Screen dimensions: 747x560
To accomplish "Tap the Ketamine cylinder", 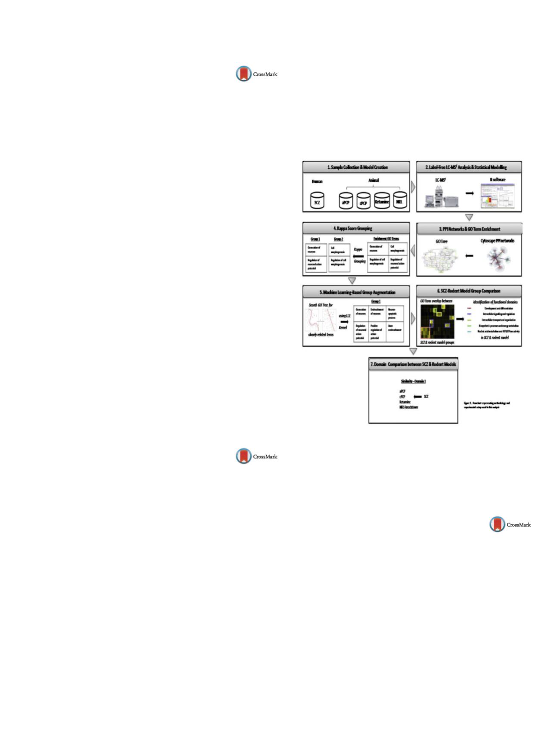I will (x=382, y=201).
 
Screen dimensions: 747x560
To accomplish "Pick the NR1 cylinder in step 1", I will (x=400, y=201).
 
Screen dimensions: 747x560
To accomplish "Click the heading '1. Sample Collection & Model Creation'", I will (x=356, y=167).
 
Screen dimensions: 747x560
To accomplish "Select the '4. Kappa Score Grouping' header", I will (x=356, y=228).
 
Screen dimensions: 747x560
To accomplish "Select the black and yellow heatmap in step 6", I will (x=437, y=321).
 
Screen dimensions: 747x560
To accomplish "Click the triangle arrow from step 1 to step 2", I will (x=413, y=187).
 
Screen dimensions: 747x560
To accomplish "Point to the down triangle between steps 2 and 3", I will (x=469, y=217).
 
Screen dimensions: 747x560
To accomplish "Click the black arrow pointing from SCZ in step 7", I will (x=417, y=396).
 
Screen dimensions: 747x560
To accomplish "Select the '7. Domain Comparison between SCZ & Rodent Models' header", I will (x=413, y=364).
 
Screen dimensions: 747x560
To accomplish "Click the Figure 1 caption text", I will (x=487, y=405).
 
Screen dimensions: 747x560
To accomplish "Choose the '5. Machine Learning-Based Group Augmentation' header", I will (x=356, y=292).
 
